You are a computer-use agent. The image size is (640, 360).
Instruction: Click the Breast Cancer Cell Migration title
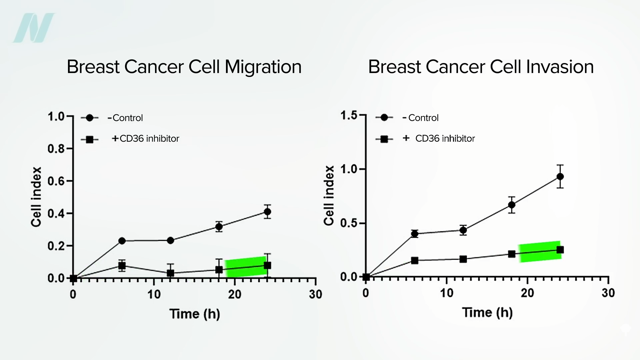pos(184,67)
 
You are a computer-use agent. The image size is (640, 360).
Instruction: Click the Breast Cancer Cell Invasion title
pos(481,67)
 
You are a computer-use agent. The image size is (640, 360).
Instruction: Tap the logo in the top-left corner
pos(33,28)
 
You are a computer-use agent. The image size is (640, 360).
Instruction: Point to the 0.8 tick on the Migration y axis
pos(56,149)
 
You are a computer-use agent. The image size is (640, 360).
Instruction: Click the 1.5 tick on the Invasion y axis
pos(349,116)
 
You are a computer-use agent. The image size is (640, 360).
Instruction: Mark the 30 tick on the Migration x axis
pos(315,294)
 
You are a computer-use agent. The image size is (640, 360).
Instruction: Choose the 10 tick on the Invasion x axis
pos(447,293)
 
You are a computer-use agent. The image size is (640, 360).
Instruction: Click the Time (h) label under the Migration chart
pos(195,314)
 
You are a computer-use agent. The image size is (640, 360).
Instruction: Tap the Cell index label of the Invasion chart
pos(329,195)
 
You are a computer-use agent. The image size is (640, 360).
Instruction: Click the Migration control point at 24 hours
pos(267,212)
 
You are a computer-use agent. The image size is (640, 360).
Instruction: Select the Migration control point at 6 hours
pos(122,241)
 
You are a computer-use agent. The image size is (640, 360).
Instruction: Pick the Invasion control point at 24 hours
pos(560,176)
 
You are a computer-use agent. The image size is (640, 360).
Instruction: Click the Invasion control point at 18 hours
pos(512,205)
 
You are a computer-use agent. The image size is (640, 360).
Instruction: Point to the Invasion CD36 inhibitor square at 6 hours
pos(414,260)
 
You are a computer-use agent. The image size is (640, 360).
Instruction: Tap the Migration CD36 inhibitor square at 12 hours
pos(170,273)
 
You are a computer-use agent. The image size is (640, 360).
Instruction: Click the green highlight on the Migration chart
pos(246,267)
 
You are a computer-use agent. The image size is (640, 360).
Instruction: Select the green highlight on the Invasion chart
pos(539,252)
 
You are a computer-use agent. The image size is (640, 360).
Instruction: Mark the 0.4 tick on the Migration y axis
pos(56,213)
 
